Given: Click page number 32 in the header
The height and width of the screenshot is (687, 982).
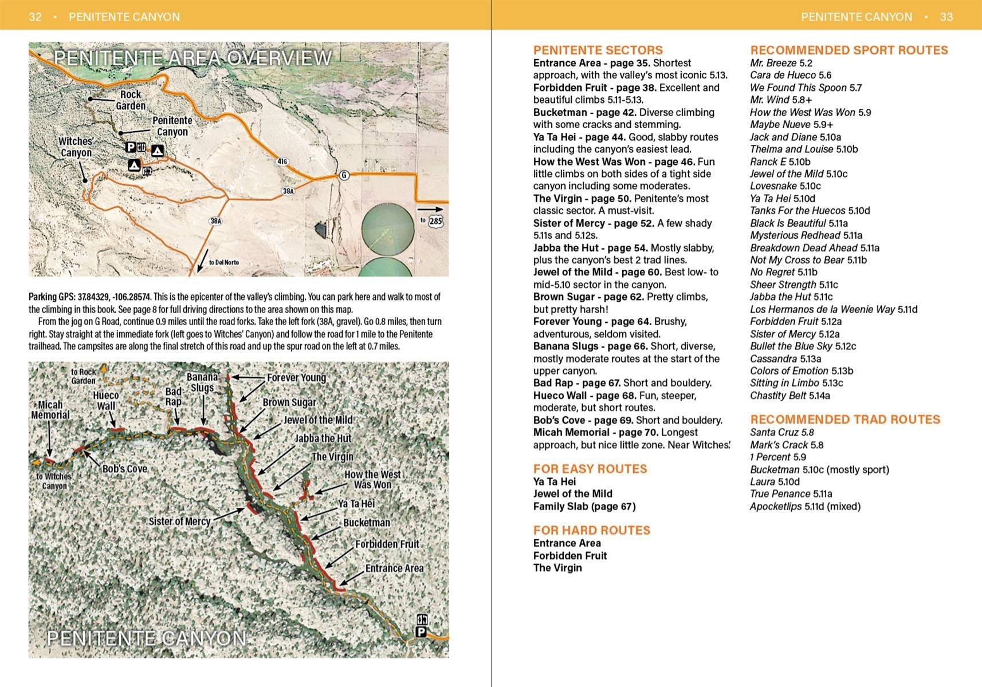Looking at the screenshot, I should click(35, 17).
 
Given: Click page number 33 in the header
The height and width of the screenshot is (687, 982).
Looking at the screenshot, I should click(946, 17).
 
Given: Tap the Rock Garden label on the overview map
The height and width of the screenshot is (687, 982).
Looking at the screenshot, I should click(131, 100).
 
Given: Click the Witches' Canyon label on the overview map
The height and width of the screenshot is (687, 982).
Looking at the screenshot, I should click(76, 147).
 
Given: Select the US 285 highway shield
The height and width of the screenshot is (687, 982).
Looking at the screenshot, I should click(435, 221).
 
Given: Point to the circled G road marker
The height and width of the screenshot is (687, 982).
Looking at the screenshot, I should click(344, 175).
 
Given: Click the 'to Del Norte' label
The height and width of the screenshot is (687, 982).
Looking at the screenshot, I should click(223, 262).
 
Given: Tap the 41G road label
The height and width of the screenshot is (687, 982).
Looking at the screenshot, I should click(282, 161).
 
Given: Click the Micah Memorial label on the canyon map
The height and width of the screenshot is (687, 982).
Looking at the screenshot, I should click(50, 410).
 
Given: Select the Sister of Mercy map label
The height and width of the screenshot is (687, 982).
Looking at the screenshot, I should click(179, 522).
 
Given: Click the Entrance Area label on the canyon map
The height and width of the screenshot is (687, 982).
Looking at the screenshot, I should click(394, 568).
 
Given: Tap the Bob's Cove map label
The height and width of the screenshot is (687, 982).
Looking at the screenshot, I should click(124, 469).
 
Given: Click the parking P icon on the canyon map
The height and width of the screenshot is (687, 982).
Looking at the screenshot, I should click(421, 632).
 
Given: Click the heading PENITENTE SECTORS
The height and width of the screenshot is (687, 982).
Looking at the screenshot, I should click(598, 50).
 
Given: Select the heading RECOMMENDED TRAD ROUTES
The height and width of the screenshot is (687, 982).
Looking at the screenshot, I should click(845, 420).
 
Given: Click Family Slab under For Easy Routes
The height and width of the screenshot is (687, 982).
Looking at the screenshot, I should click(584, 506).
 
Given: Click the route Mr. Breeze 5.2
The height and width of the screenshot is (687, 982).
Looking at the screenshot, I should click(781, 63).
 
